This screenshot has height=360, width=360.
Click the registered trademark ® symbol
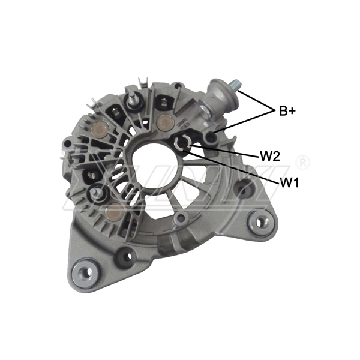(304, 161)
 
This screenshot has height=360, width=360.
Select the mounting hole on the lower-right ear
(260, 221)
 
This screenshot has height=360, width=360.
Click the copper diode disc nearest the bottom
(114, 210)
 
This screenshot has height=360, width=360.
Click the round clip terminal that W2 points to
(185, 143)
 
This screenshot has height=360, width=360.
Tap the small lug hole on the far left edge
(67, 144)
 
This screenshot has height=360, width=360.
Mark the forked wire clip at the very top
(142, 80)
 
